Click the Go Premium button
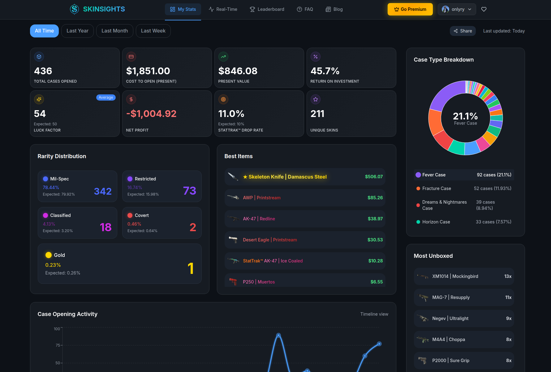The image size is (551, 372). click(x=410, y=9)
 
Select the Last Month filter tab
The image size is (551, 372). click(x=114, y=31)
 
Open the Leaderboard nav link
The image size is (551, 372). click(x=267, y=9)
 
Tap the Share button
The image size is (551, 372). click(x=463, y=31)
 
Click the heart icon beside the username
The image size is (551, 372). click(x=484, y=9)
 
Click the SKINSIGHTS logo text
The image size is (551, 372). click(x=104, y=9)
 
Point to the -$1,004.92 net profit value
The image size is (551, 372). click(x=151, y=114)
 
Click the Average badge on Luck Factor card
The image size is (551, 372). click(x=106, y=97)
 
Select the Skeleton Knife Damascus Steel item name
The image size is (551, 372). click(x=287, y=177)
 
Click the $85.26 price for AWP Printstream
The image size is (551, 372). click(x=375, y=198)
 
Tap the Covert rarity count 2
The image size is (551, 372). click(x=192, y=227)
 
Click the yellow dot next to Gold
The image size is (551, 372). click(x=49, y=255)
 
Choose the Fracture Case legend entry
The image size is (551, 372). click(x=436, y=188)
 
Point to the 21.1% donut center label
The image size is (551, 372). click(x=465, y=116)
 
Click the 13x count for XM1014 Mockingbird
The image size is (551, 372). click(x=508, y=276)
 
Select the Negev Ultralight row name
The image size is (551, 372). click(x=450, y=318)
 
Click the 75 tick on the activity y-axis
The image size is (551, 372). click(x=58, y=345)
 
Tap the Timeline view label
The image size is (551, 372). click(x=374, y=314)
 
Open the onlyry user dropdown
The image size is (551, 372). click(x=457, y=9)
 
